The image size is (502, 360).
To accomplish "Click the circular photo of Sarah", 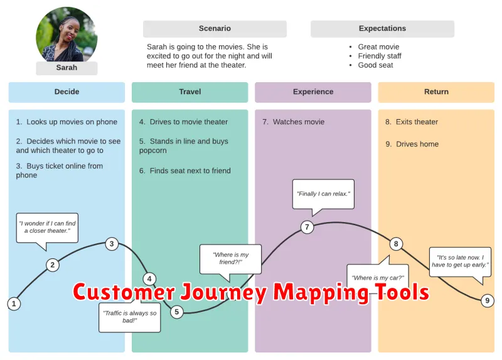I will (67, 36).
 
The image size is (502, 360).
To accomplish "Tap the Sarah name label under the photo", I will (67, 68).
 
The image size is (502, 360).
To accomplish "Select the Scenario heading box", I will (215, 29).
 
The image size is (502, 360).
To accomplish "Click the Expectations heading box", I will (382, 29).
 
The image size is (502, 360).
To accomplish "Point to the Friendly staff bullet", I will (380, 56).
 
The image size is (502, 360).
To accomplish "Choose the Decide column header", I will (67, 92).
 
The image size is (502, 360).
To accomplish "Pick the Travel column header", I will (190, 92).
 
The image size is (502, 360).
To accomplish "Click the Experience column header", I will (312, 92).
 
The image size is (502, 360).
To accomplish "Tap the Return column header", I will (436, 92).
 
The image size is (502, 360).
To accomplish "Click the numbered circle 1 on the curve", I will (14, 304).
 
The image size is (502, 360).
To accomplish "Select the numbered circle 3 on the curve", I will (112, 244).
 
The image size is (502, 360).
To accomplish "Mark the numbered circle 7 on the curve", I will (307, 227).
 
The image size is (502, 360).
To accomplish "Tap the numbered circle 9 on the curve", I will (488, 301).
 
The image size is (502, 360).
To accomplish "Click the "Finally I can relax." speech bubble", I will (324, 194).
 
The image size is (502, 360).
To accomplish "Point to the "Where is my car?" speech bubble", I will (378, 278).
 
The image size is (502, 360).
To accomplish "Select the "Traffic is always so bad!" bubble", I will (130, 316).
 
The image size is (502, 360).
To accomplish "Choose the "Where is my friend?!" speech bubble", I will (231, 258).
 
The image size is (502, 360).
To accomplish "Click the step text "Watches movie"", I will (298, 122).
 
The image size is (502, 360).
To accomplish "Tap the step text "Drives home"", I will (417, 144).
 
